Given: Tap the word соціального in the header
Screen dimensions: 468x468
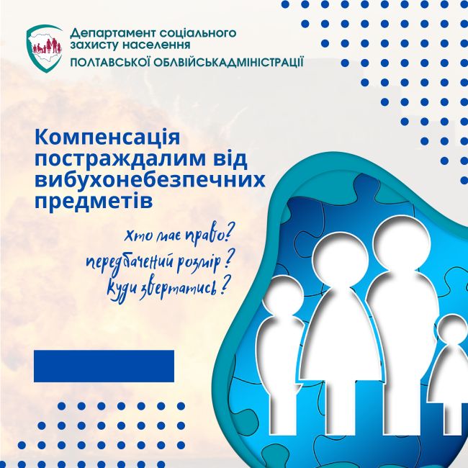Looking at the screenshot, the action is [197, 32].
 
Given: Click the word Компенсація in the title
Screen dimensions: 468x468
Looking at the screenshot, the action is [107, 138].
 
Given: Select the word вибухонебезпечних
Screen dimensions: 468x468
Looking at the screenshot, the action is [150, 180].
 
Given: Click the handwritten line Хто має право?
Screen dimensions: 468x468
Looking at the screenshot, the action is [178, 236].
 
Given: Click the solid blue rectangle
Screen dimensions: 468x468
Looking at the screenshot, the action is [104, 366].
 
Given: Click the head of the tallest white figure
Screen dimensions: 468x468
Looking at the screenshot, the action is [402, 246].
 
